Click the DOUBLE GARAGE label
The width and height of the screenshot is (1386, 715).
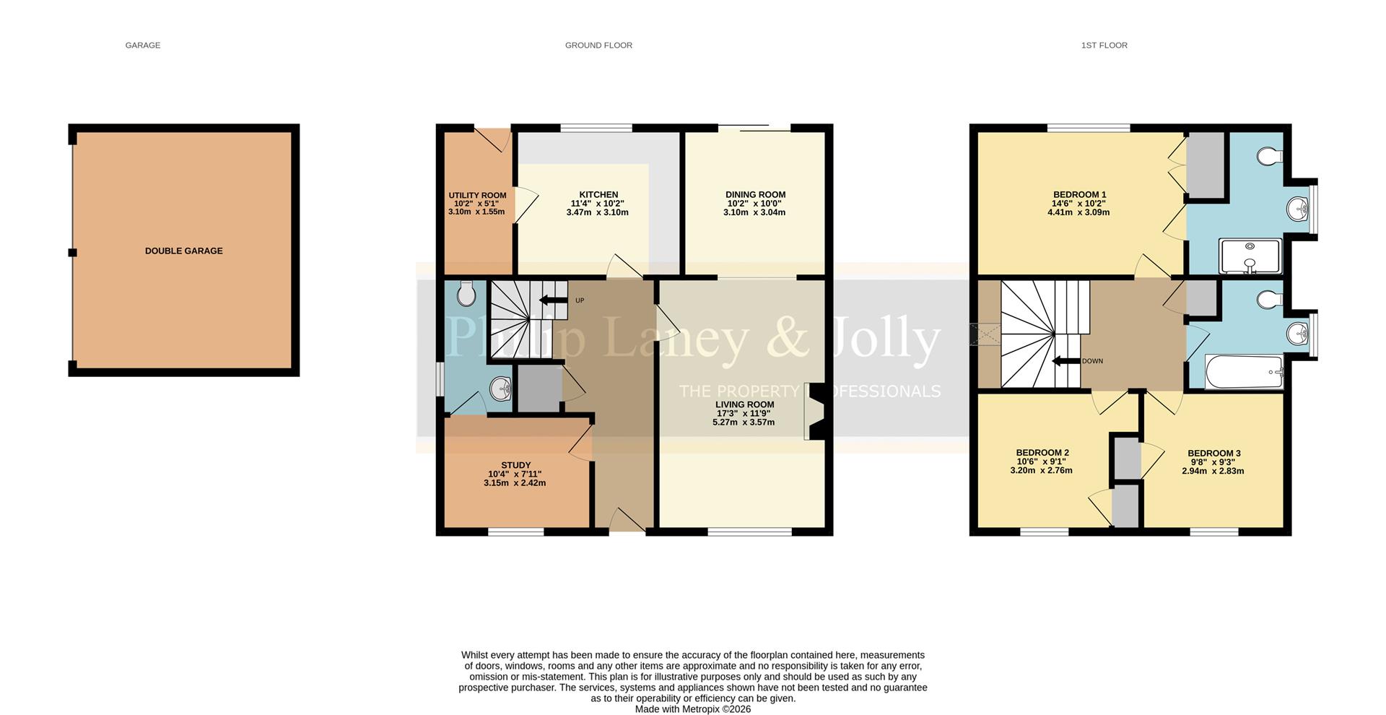tap(183, 251)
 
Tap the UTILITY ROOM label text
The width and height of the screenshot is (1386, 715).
tap(477, 195)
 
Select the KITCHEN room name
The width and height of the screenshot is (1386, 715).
tap(598, 194)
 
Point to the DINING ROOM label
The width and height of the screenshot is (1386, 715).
tap(755, 194)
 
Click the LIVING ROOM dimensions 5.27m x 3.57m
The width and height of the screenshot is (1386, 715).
tap(745, 422)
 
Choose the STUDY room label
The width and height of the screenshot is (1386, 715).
tap(515, 465)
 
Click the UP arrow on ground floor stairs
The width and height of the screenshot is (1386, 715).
tap(553, 300)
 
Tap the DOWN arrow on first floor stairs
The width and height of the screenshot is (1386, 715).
tap(1065, 361)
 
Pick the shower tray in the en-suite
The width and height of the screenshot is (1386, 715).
tap(1250, 256)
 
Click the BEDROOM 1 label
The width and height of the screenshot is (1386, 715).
tap(1079, 194)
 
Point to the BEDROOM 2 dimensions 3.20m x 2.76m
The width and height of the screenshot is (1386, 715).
tap(1041, 471)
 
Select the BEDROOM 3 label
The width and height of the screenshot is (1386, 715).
tap(1213, 454)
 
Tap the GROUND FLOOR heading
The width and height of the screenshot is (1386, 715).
tap(598, 45)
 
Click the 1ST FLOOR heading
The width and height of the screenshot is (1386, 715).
tap(1104, 45)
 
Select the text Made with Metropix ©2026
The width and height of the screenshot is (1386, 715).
tap(692, 709)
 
